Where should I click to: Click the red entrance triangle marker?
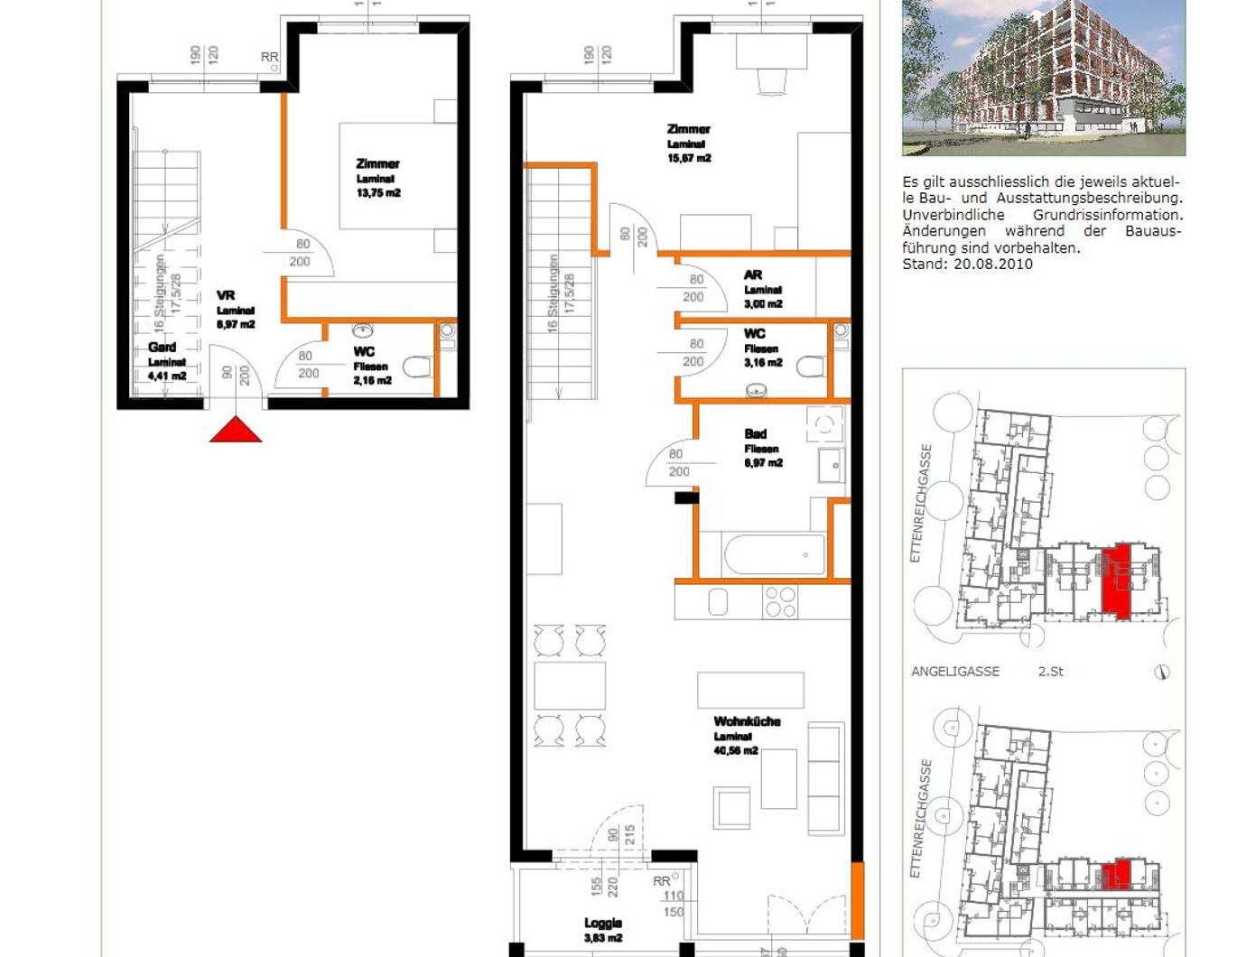click(x=236, y=431)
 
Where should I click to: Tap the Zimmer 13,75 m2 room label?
click(x=377, y=178)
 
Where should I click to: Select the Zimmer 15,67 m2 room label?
click(x=688, y=144)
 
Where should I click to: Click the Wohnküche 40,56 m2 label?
click(x=746, y=735)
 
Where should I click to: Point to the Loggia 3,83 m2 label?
click(x=602, y=930)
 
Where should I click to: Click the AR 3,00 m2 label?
click(x=761, y=289)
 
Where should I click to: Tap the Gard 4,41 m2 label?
click(x=166, y=361)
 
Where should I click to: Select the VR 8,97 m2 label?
click(x=234, y=310)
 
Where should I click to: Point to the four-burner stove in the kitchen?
click(x=781, y=601)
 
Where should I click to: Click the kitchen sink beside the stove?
click(x=718, y=601)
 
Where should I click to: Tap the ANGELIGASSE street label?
click(x=954, y=672)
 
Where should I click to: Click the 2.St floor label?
click(x=1050, y=672)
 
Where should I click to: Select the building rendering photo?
click(x=1043, y=78)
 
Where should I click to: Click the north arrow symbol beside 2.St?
click(x=1163, y=672)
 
